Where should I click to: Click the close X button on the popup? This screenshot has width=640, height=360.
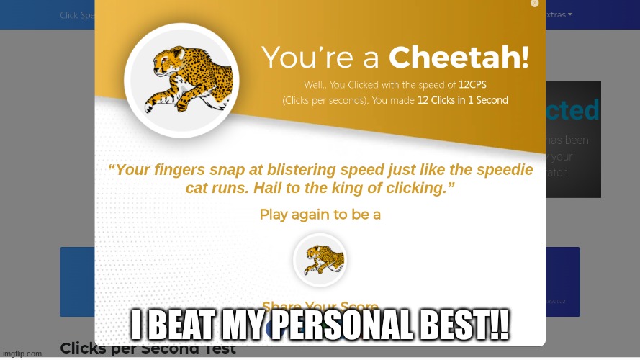[x=534, y=4]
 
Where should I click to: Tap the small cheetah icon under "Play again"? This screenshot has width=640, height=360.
[x=320, y=260]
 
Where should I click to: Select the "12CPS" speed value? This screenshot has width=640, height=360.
[x=472, y=85]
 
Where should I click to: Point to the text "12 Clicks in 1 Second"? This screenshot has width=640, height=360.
[x=462, y=101]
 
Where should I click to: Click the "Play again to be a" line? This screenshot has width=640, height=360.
[x=320, y=215]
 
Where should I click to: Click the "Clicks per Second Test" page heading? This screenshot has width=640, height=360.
[x=148, y=349]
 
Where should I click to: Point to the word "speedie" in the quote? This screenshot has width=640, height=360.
[x=501, y=171]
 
